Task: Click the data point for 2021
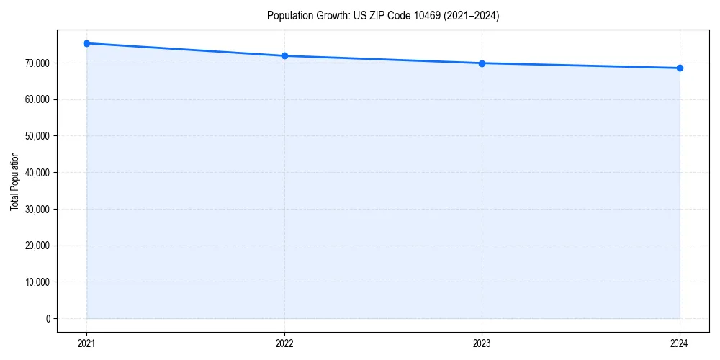[x=86, y=43]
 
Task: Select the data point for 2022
[x=284, y=55]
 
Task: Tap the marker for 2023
[x=482, y=63]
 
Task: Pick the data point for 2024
[x=680, y=68]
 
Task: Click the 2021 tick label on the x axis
[x=86, y=343]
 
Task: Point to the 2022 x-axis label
[x=284, y=343]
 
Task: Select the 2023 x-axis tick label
[x=482, y=343]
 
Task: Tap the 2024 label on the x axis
[x=680, y=343]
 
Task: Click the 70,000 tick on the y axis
[x=37, y=63]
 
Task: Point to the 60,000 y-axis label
[x=37, y=99]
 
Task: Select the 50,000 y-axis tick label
[x=37, y=136]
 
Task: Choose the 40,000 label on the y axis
[x=37, y=173]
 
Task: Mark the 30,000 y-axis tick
[x=37, y=210]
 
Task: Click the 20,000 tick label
[x=37, y=246]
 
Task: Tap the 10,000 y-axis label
[x=37, y=282]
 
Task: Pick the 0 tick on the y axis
[x=48, y=318]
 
